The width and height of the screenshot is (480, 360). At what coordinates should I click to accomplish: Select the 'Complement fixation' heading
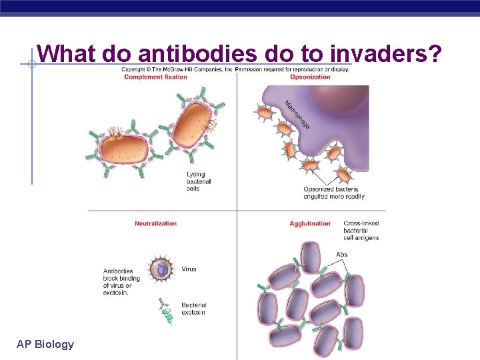155,77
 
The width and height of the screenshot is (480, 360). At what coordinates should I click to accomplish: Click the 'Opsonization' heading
310,77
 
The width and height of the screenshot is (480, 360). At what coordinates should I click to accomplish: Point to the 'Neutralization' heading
155,223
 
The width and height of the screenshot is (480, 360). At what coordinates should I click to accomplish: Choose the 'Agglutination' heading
310,223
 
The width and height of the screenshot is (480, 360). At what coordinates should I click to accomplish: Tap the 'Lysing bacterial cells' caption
199,181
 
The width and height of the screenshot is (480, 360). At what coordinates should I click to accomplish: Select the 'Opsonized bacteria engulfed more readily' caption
334,193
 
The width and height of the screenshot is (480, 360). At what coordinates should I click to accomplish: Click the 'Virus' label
189,269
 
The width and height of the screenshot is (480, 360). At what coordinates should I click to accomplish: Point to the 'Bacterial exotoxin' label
193,309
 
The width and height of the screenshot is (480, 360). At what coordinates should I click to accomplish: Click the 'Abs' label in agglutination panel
342,254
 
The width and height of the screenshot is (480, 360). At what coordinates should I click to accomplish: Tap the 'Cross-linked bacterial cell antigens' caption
361,231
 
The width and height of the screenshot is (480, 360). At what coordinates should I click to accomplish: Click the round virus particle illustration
161,269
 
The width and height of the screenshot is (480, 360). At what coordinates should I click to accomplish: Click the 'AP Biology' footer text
45,344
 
